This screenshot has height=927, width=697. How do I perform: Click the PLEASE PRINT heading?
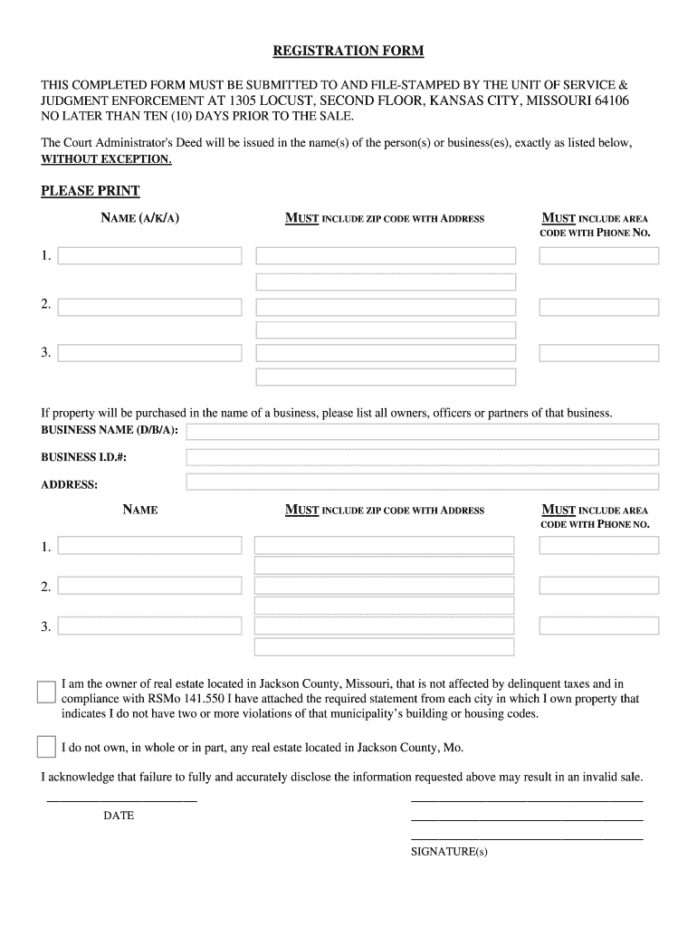point(91,191)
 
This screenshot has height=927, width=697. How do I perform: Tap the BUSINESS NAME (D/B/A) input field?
point(422,431)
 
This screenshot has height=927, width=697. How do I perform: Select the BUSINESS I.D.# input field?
point(422,457)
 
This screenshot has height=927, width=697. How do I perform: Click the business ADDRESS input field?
point(422,483)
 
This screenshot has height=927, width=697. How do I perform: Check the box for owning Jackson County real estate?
point(46,693)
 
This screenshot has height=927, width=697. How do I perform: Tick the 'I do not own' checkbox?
point(46,747)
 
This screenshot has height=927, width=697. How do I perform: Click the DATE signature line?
point(121,799)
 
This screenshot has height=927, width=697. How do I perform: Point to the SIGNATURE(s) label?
point(449,852)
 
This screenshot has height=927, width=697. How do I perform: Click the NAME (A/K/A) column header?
point(139,218)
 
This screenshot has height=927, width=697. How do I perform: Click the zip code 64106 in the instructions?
point(612,100)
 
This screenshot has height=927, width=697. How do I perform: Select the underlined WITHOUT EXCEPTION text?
point(106,159)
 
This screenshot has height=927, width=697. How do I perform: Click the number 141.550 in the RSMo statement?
point(206,699)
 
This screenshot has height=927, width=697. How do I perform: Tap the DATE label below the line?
point(119,816)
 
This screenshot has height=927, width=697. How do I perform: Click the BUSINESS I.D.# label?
point(83,457)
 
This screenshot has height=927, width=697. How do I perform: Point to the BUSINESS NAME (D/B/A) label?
point(110,429)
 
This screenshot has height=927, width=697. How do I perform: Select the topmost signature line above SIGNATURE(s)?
point(527,800)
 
